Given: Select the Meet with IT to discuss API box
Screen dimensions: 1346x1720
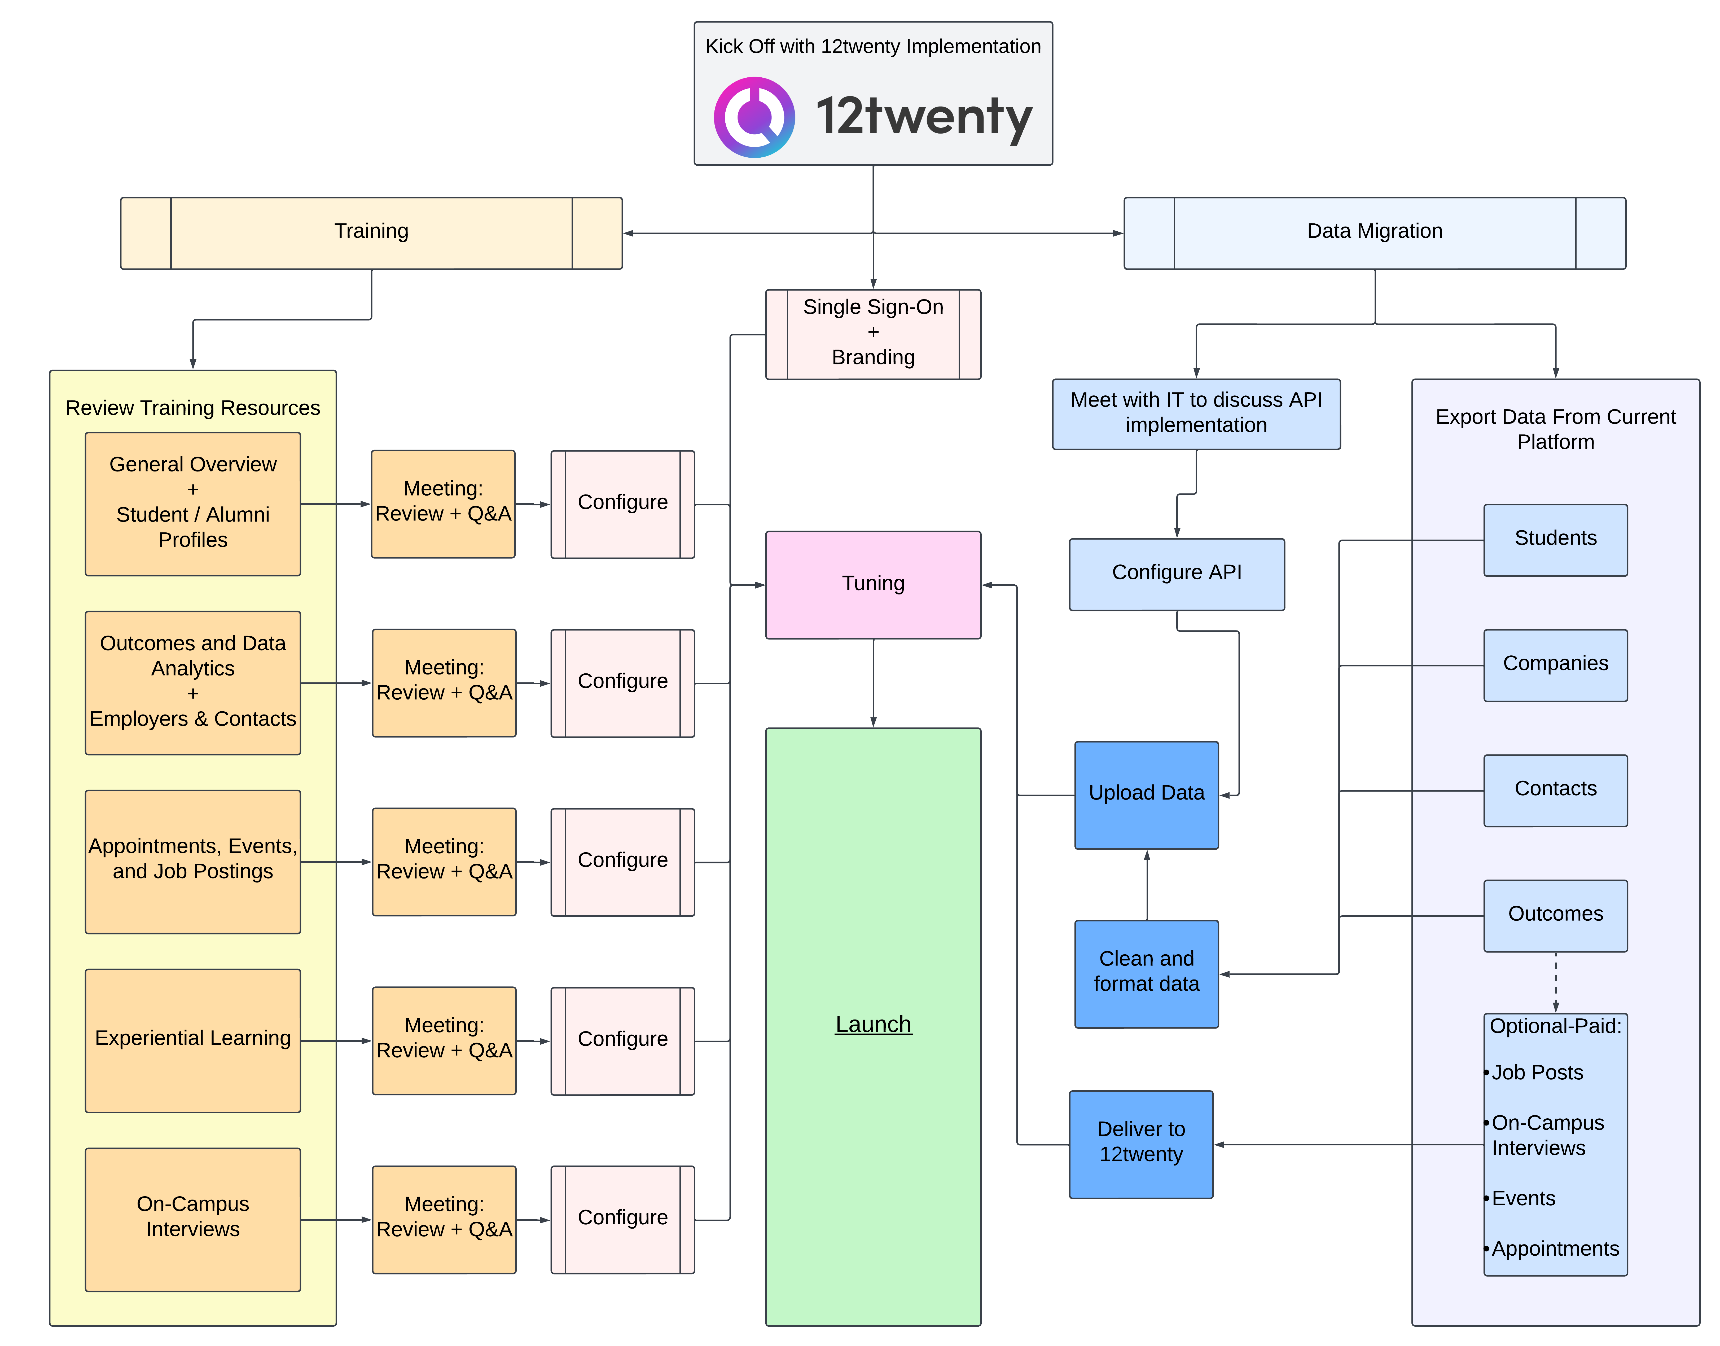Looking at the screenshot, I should tap(1196, 413).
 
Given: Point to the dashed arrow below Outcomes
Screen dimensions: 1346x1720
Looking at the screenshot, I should tap(1555, 981).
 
